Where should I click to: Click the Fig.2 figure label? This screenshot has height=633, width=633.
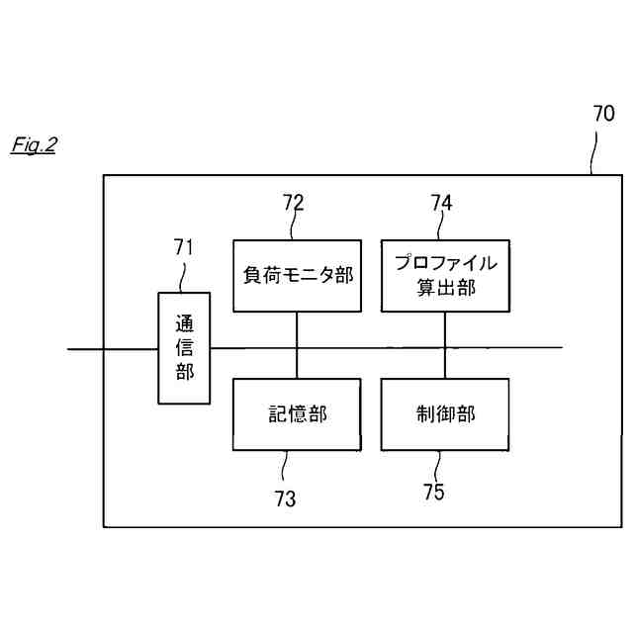point(34,145)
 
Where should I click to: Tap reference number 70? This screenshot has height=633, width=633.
point(602,113)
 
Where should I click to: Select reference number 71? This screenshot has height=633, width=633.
point(183,247)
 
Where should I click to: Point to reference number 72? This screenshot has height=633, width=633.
point(293,203)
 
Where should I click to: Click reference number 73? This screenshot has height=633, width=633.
point(285,499)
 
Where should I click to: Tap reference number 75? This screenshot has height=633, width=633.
point(433,491)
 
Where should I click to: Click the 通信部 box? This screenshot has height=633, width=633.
point(184,348)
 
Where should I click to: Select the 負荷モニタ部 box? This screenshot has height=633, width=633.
point(297,276)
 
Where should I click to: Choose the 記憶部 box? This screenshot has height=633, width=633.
point(297,414)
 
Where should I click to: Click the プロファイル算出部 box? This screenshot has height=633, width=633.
point(445,276)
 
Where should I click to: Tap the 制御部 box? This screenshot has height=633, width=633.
point(445,414)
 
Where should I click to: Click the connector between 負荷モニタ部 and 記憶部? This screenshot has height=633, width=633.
point(297,345)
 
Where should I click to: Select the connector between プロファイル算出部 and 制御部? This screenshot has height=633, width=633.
point(445,345)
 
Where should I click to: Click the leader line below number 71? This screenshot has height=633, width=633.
point(183,277)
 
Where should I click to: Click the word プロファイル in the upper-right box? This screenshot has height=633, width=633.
point(445,264)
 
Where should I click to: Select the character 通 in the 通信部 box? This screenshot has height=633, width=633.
point(184,324)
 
